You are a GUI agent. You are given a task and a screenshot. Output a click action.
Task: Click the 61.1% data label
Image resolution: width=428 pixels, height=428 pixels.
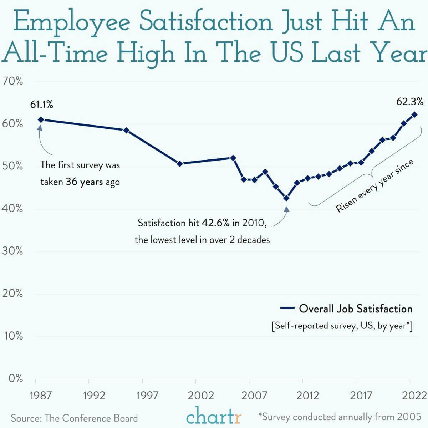[42, 105]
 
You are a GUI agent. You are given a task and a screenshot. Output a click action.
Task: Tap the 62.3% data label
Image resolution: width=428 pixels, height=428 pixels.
[410, 102]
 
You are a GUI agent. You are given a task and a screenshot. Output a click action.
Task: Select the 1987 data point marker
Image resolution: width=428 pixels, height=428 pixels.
[41, 120]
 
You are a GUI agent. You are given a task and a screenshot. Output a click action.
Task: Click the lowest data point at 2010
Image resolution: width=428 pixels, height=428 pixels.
[286, 198]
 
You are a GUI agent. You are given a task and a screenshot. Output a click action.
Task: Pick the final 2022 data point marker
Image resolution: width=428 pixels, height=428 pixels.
[414, 114]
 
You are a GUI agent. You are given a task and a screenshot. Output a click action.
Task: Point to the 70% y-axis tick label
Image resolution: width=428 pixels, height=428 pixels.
[13, 81]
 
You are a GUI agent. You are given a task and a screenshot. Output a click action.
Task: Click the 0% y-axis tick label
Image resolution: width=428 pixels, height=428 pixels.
[16, 378]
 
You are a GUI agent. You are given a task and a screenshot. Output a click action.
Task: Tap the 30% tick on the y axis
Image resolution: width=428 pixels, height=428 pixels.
[13, 251]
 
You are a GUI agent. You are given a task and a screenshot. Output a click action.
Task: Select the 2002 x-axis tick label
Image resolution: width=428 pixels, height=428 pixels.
[201, 396]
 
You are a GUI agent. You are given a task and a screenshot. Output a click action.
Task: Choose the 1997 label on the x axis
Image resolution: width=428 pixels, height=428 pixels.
[148, 396]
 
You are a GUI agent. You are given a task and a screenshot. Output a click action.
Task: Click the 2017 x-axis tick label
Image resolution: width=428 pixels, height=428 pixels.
[361, 396]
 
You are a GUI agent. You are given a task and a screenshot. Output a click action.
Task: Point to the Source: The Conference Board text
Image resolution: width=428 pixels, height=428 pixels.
[74, 418]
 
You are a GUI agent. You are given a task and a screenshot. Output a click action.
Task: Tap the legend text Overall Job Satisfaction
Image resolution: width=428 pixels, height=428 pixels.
[356, 309]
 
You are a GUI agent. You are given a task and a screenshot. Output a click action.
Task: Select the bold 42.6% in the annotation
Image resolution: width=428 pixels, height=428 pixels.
[216, 223]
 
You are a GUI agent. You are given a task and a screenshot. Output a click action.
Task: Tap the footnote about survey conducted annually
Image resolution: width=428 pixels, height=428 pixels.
[340, 417]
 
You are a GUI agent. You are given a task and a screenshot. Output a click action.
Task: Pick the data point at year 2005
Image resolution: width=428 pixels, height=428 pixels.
[233, 158]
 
